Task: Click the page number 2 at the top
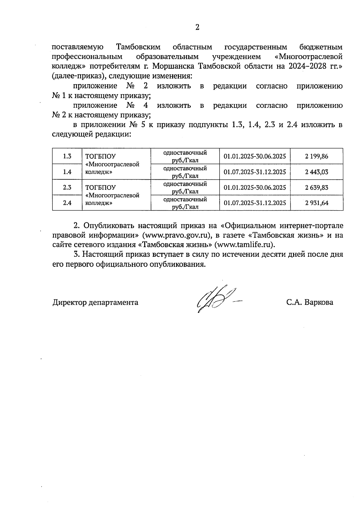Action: point(197,28)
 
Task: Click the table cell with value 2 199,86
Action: point(317,156)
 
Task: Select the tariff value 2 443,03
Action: point(317,172)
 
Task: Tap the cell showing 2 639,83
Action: point(317,187)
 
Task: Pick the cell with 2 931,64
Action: point(317,203)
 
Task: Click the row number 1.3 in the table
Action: point(67,156)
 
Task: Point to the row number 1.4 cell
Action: point(67,172)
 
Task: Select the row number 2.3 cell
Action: point(67,187)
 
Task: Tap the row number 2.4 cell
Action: point(67,203)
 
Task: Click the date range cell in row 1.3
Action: point(255,156)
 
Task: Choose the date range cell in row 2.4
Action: point(255,203)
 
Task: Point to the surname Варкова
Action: point(319,302)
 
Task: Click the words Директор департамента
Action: point(95,302)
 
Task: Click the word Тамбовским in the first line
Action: point(138,47)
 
